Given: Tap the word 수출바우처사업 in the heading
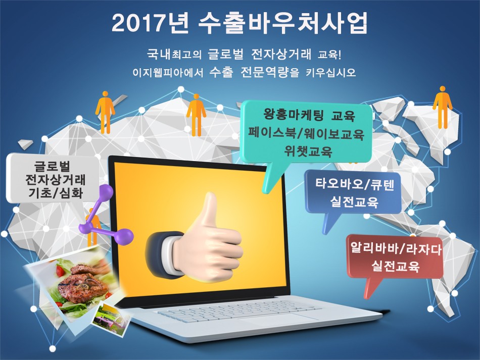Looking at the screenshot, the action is click(x=283, y=23).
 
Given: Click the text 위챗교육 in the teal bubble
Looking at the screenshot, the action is click(x=308, y=151).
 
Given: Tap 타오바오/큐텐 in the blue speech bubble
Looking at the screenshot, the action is click(x=354, y=184).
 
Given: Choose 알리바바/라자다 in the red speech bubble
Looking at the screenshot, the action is click(x=396, y=248).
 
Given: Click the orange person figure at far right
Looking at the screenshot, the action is click(x=442, y=107).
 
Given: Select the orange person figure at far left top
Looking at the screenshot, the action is click(x=105, y=112).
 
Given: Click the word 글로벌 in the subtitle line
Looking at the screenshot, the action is click(x=226, y=54).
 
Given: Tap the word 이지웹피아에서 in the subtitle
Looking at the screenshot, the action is click(x=168, y=73).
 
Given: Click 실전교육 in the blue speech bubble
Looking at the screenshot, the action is click(x=354, y=202).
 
